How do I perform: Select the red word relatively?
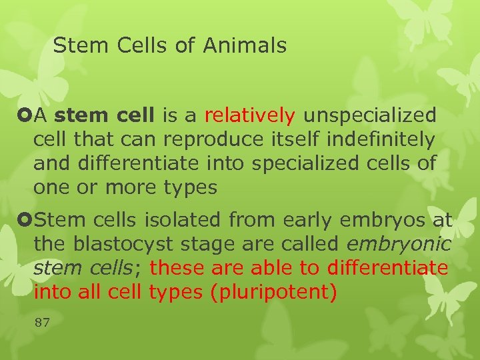(x=249, y=116)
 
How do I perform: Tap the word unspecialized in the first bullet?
(x=370, y=116)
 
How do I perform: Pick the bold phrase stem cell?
(x=104, y=116)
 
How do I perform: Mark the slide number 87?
(x=42, y=323)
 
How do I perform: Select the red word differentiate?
(x=387, y=268)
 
